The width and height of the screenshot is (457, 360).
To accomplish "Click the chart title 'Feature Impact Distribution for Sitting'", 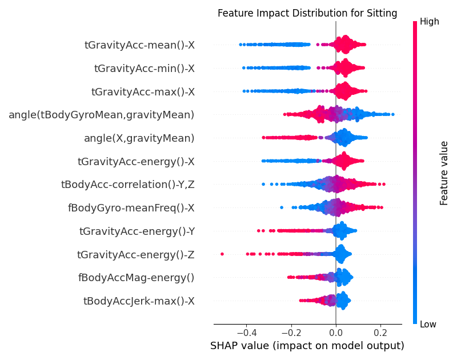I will click(x=307, y=13).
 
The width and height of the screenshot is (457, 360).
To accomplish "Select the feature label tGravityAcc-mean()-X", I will click(x=139, y=45).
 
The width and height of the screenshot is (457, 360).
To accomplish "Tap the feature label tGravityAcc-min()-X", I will click(x=144, y=69).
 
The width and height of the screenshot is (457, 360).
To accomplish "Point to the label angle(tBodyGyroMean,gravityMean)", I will click(x=101, y=115).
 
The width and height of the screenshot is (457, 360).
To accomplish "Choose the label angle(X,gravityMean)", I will click(x=139, y=138).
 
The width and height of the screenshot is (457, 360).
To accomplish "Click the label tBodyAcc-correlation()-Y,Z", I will click(x=127, y=185).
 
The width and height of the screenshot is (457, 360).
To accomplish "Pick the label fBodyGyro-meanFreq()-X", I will click(x=131, y=208).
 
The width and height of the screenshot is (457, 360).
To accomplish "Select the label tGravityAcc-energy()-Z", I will click(x=135, y=254).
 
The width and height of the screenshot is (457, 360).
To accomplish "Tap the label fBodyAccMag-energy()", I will click(x=136, y=278).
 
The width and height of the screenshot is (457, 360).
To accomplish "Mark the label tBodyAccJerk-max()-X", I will click(x=139, y=301).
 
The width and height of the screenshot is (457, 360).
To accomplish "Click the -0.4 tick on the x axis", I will click(x=246, y=333).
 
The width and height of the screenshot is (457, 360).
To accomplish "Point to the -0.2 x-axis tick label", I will click(x=291, y=333).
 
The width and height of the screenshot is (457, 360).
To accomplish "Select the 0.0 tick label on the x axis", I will click(x=336, y=333).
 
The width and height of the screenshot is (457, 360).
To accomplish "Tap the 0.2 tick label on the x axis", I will click(x=380, y=333).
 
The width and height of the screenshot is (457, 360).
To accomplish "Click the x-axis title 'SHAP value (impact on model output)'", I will click(x=307, y=346).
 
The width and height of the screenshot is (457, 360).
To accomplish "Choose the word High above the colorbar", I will click(x=429, y=22).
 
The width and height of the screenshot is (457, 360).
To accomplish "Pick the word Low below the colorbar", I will click(x=428, y=325).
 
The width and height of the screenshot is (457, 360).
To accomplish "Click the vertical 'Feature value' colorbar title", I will click(x=444, y=173).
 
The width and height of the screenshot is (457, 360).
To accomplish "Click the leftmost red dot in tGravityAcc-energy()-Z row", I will click(x=222, y=254).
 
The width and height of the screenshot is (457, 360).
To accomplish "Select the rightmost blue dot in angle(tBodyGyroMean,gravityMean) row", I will click(x=392, y=115).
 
